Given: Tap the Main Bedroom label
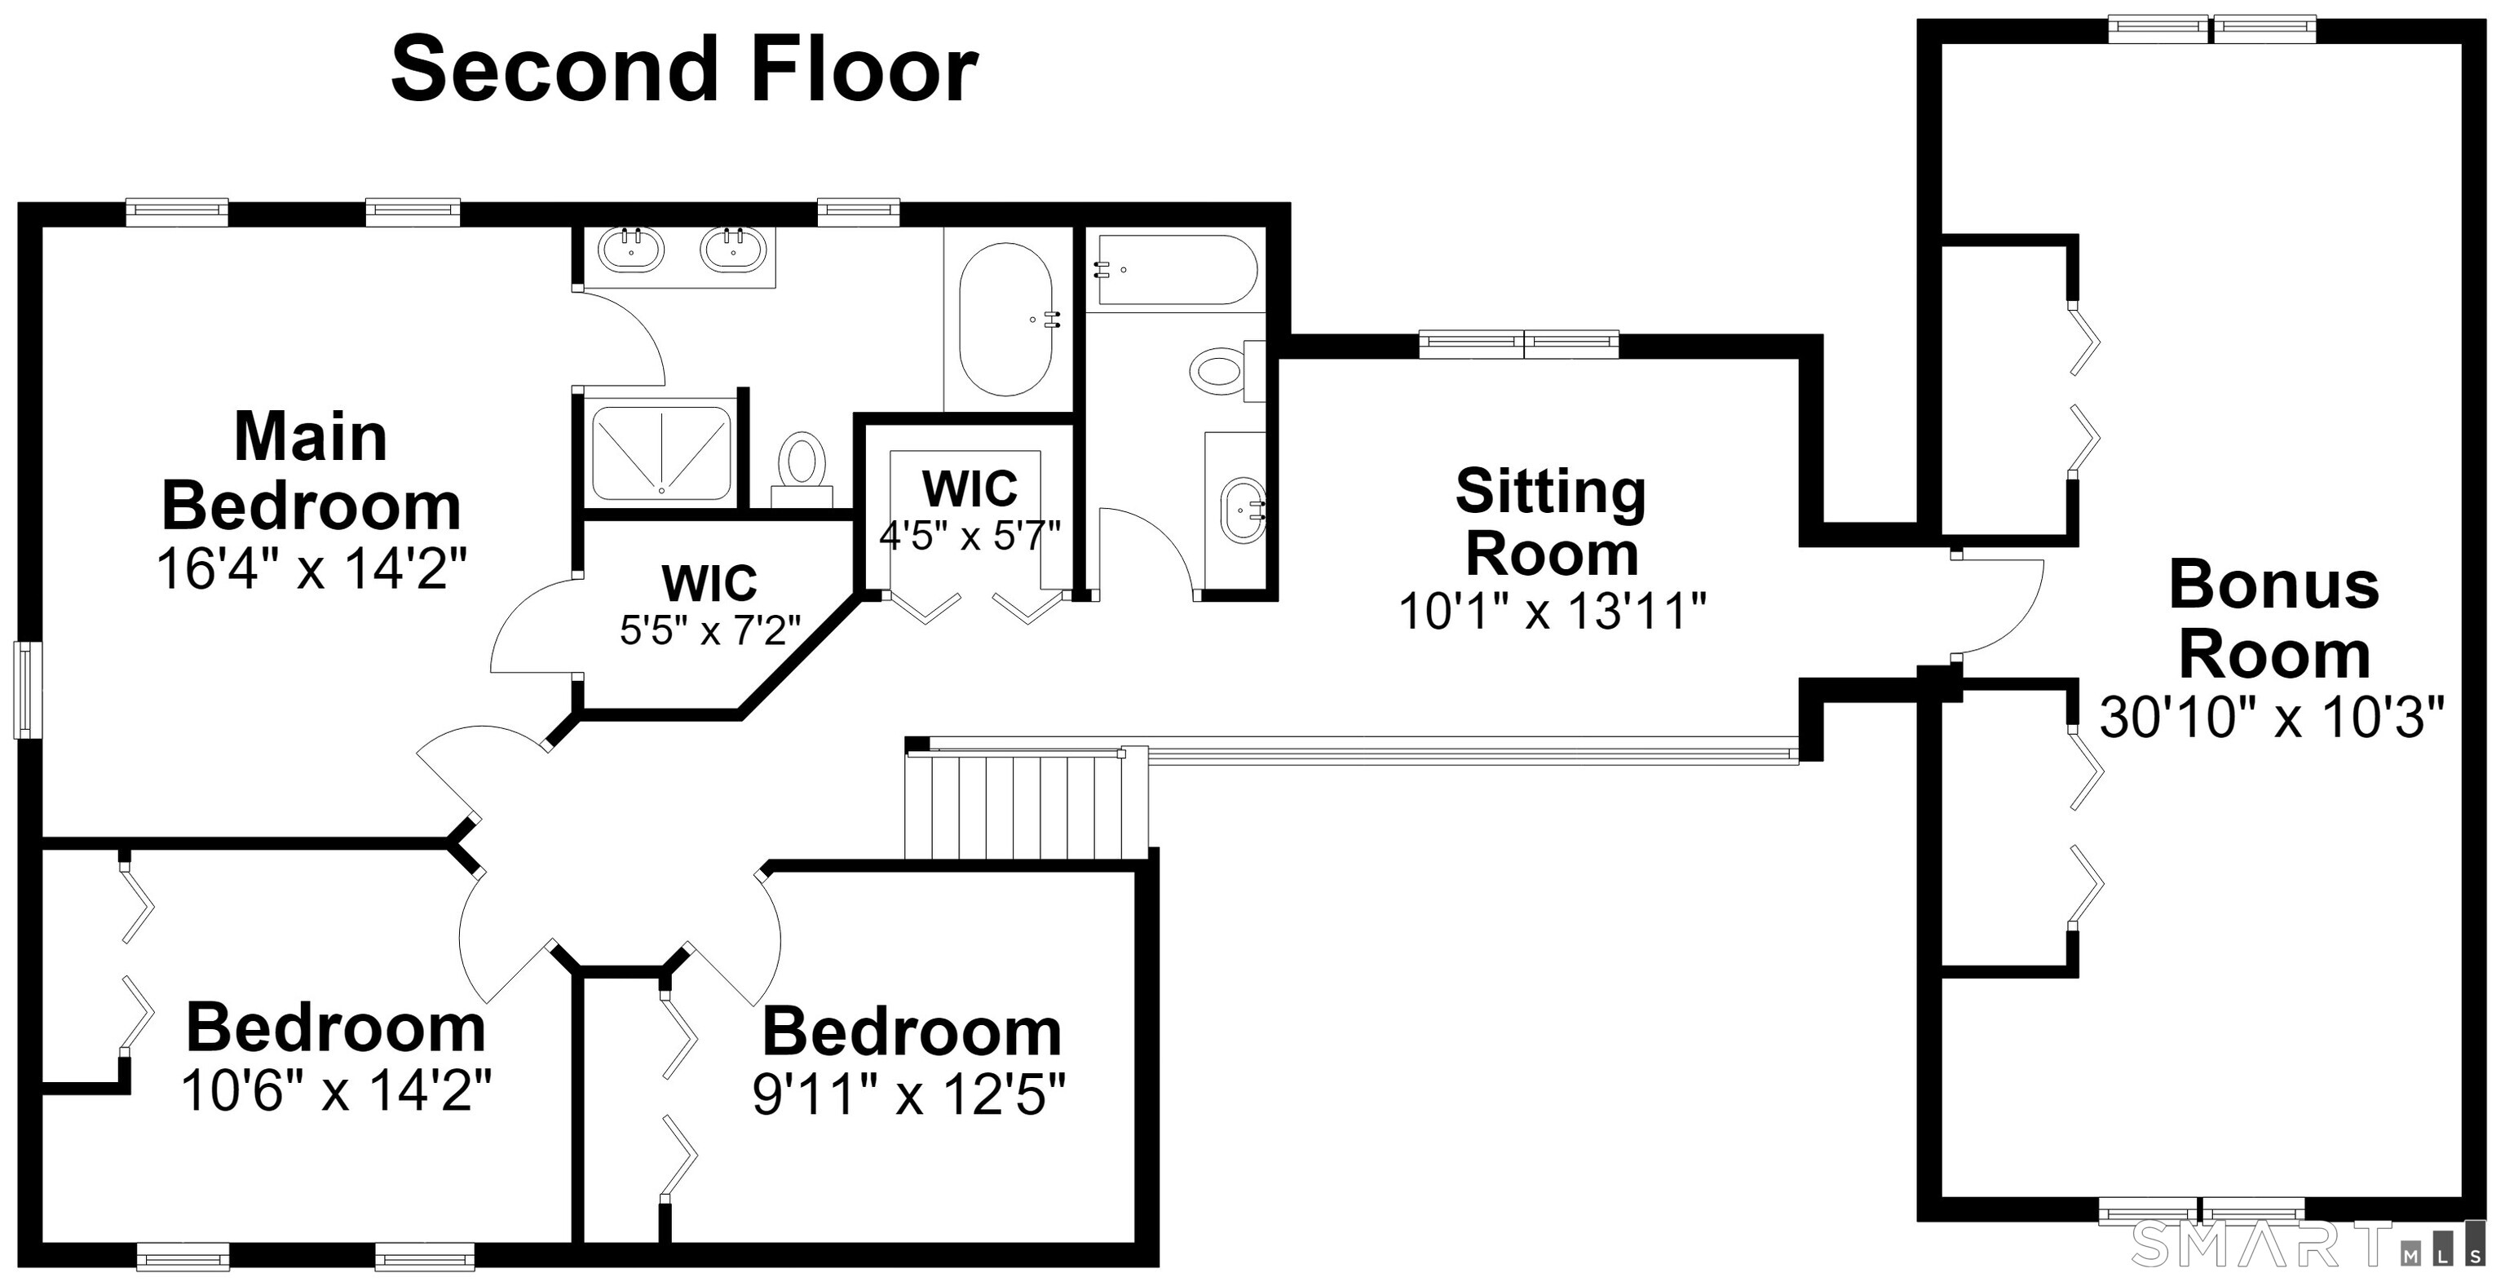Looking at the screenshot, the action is (x=311, y=471).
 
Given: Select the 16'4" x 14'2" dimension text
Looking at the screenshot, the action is (x=312, y=568).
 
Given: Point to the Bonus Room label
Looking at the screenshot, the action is (x=2273, y=620).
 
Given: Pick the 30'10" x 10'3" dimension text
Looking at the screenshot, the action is (x=2272, y=718).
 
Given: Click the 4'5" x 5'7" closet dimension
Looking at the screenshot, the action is (x=970, y=535).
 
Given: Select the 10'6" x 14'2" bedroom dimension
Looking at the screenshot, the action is (x=337, y=1089).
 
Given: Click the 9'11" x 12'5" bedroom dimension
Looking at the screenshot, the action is (x=909, y=1094).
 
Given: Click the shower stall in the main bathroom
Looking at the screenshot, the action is (x=661, y=453).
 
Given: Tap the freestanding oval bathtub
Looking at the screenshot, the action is (x=1005, y=319).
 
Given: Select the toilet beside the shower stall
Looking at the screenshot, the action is (x=802, y=470).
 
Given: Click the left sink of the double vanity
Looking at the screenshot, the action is (x=631, y=248).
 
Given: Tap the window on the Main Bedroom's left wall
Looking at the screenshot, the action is (x=27, y=689).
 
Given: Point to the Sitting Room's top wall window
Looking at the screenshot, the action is (x=1519, y=344).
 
